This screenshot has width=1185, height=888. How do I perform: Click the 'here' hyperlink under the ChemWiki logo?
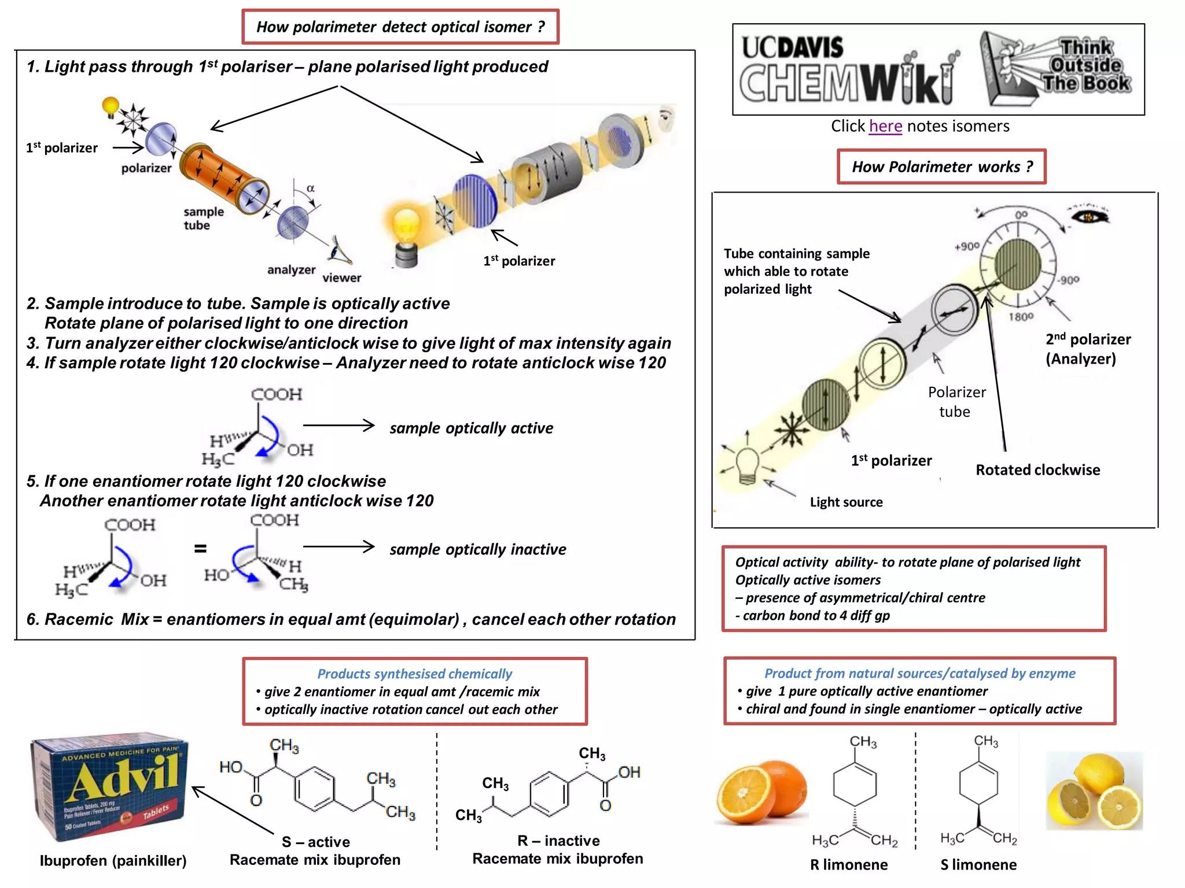click(885, 126)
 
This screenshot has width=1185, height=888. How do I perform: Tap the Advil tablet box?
click(110, 789)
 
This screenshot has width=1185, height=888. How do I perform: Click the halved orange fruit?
click(761, 793)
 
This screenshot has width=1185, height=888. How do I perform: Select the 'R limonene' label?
click(848, 865)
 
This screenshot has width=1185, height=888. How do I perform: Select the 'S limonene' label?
click(978, 865)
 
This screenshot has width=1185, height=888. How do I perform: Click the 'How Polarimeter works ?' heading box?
click(941, 167)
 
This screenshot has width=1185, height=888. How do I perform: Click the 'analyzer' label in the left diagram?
click(291, 270)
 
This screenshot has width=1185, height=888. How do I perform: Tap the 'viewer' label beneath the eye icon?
click(341, 278)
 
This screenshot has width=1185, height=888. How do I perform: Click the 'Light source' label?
click(846, 502)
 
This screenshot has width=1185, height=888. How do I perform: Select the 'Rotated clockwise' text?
click(1037, 470)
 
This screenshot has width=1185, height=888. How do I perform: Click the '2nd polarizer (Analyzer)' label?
click(1087, 349)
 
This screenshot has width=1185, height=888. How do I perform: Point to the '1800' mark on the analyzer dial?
click(1021, 317)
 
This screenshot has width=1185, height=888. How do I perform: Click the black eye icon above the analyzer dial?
click(1089, 217)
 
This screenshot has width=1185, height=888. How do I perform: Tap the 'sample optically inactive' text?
click(477, 549)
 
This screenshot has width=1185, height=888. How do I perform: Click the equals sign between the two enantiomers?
click(200, 549)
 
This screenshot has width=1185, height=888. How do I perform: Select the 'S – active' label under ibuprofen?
click(315, 842)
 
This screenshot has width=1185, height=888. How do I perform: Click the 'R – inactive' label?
click(558, 841)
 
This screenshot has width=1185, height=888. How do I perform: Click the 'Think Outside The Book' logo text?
click(1086, 65)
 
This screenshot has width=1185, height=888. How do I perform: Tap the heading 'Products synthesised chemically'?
click(414, 674)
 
